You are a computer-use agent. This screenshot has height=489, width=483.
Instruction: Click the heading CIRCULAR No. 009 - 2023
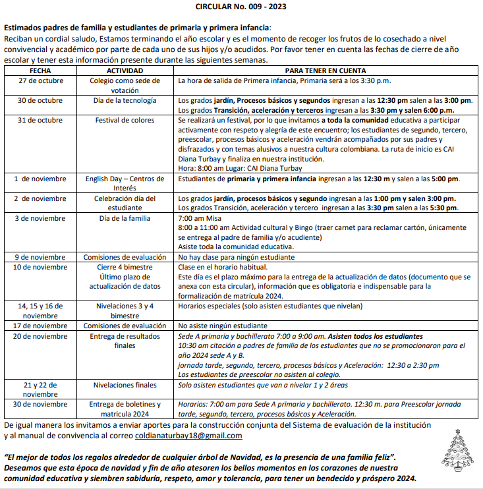tap(241, 6)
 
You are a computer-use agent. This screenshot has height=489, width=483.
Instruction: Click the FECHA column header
tap(40, 71)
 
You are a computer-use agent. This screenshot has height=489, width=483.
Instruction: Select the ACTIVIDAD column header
tap(125, 71)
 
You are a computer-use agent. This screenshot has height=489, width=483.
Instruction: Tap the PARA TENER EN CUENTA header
tap(326, 71)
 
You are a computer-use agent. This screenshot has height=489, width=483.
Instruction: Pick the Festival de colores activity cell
tap(125, 121)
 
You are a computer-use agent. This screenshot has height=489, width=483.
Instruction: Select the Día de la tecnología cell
tap(125, 101)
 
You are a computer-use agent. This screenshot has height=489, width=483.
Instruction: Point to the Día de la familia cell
tap(125, 217)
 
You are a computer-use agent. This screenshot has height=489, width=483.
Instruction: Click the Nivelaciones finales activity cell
tap(125, 385)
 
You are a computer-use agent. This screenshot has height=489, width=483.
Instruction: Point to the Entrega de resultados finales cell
tap(125, 341)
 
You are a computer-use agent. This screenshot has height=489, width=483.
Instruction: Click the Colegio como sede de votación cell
tap(125, 85)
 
